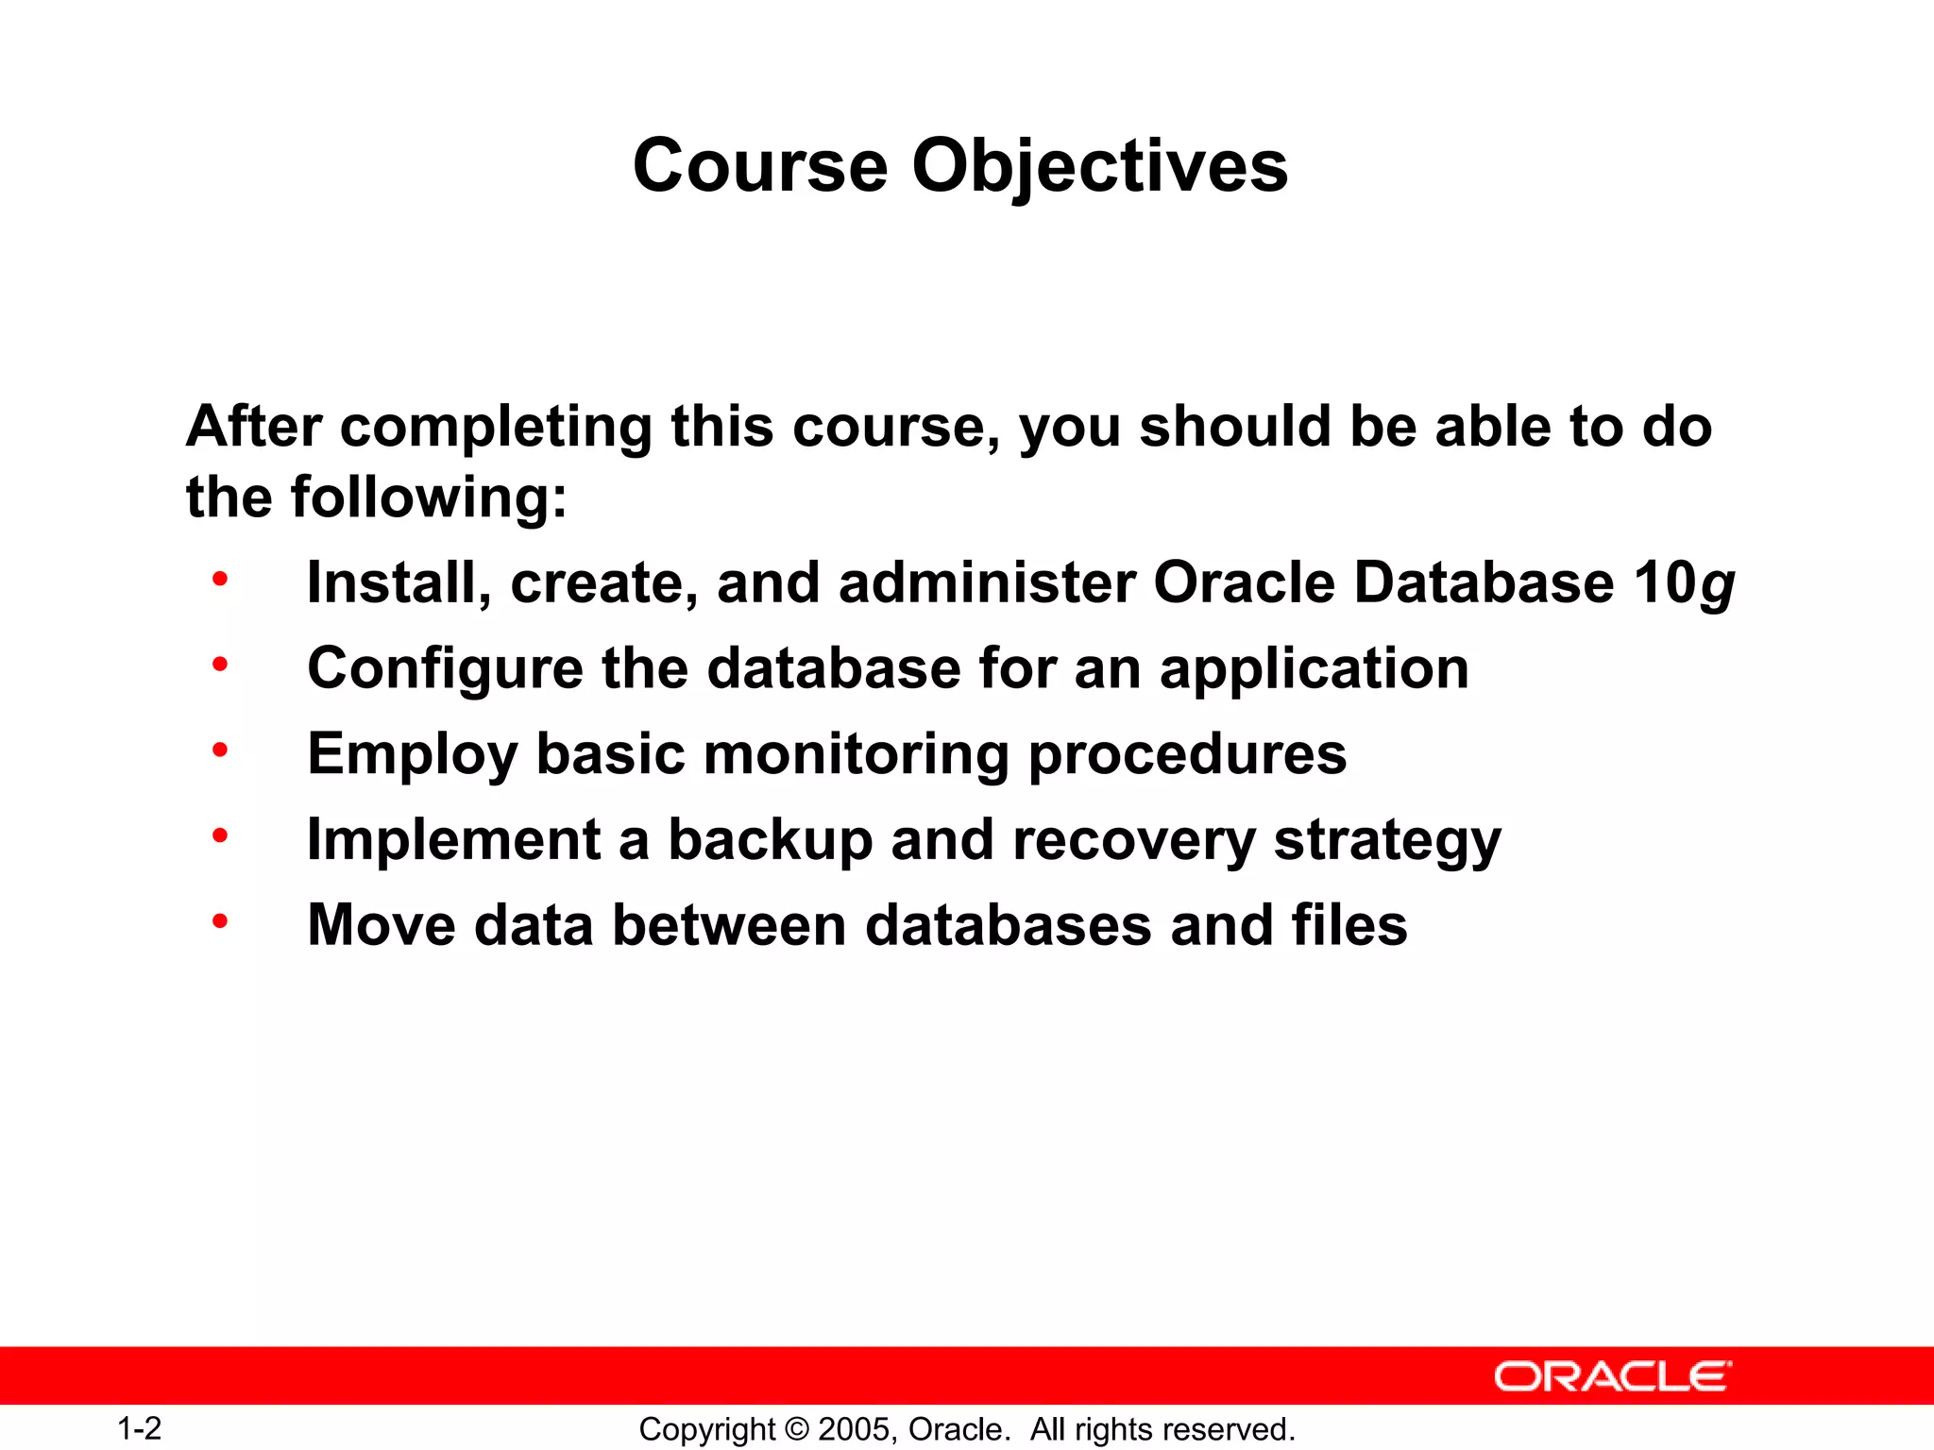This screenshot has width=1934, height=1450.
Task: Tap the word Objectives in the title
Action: (1099, 167)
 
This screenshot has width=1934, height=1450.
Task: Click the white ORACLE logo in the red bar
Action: (1612, 1376)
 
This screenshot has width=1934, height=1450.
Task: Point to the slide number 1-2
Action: (139, 1428)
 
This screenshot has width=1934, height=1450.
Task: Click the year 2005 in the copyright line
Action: (854, 1429)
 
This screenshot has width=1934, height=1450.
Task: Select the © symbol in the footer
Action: (798, 1429)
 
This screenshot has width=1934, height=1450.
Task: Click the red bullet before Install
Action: (220, 579)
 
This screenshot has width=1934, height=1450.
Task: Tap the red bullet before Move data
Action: (220, 921)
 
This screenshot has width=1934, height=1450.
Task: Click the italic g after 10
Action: (1717, 585)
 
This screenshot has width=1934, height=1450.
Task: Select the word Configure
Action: (445, 670)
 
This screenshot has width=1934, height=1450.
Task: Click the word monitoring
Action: (856, 755)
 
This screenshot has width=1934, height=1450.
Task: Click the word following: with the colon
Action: (429, 497)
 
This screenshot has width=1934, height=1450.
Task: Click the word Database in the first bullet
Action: (1484, 582)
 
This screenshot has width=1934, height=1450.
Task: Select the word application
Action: (1314, 670)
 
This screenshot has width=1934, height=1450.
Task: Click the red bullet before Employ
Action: (220, 750)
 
